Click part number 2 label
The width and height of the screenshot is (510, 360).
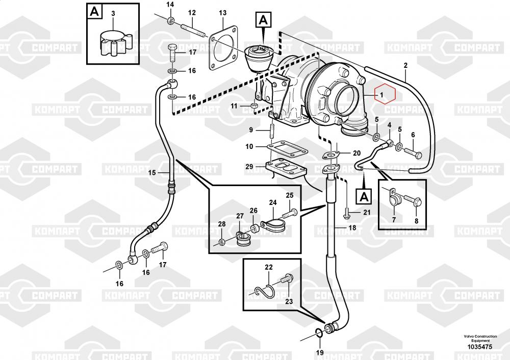coord(405,65)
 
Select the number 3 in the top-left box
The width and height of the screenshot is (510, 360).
coord(113,13)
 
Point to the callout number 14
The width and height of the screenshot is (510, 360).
coord(170,5)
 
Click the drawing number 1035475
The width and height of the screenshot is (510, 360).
coord(478,347)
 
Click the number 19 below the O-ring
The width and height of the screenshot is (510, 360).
coord(319,352)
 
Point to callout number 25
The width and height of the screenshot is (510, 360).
coord(289,195)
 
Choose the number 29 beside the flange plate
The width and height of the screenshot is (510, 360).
coord(249,167)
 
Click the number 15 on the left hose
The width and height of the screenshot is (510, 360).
coord(151,173)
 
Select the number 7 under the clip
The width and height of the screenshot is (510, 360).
coord(394,220)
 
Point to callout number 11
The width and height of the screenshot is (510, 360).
coord(234,106)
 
